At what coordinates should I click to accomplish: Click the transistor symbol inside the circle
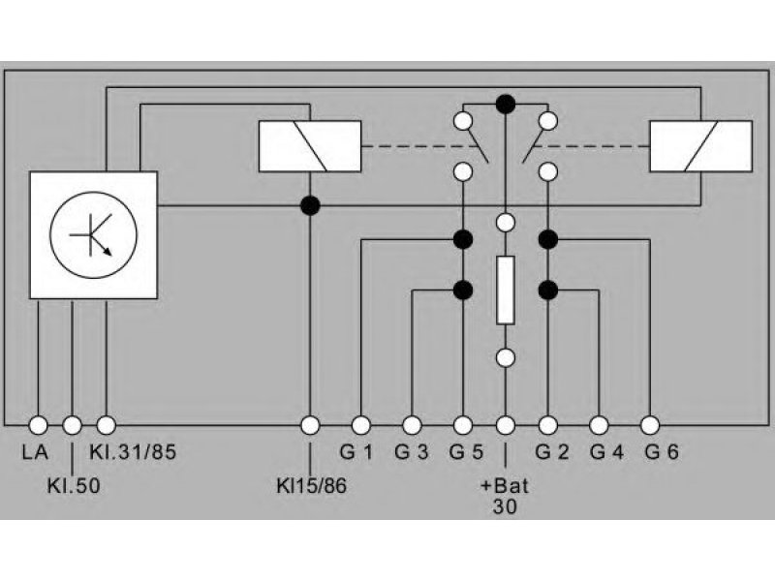pos(93,234)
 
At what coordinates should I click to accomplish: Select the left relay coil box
pos(310,146)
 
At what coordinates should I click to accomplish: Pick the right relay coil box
pos(700,146)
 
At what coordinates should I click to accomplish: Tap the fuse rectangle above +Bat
pos(505,290)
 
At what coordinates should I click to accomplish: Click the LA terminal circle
pos(38,425)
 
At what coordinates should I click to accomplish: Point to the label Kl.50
pos(74,486)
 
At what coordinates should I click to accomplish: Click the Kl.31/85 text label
pos(133,452)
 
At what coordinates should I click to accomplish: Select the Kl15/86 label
pos(311,486)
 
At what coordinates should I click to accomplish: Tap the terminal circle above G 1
pos(360,425)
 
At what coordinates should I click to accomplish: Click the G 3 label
pos(411,452)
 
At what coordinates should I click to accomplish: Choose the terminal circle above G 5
pos(463,425)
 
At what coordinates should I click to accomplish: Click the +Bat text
pos(504,486)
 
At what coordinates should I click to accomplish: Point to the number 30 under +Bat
pos(505,506)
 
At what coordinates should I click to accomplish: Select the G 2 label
pos(552,452)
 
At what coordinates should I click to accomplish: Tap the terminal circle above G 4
pos(599,425)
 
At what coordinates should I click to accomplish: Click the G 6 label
pos(662,452)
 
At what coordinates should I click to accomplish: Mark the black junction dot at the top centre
pos(505,105)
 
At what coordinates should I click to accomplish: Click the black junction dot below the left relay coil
pos(310,205)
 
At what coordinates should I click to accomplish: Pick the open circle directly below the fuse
pos(505,357)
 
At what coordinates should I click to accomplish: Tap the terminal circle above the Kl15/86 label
pos(310,425)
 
